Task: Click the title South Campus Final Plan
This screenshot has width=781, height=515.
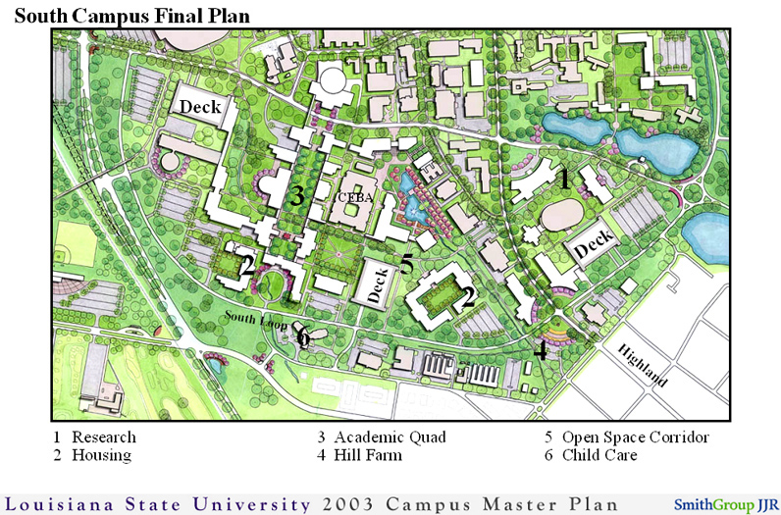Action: tap(131, 16)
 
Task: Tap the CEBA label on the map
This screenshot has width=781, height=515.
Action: tap(353, 197)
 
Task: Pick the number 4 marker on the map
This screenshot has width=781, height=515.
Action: tap(540, 349)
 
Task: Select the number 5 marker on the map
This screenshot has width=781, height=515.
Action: tap(406, 264)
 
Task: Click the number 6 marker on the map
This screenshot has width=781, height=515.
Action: tap(303, 337)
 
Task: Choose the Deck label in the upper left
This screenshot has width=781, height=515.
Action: tap(198, 106)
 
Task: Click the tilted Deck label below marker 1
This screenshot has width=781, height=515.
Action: tap(593, 246)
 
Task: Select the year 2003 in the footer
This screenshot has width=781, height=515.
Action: tap(340, 504)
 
